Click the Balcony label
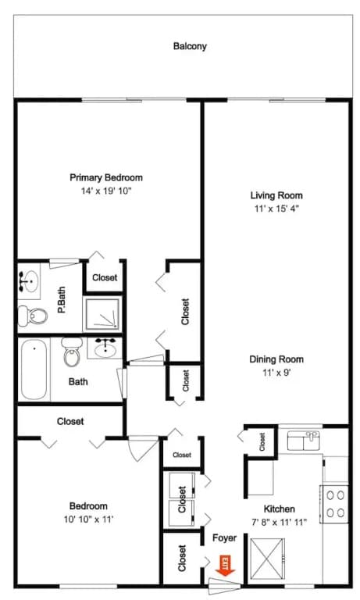[x=190, y=46]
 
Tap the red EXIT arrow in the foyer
[x=226, y=566]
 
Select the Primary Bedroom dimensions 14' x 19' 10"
[x=106, y=191]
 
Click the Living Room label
[x=276, y=195]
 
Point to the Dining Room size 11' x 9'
[x=276, y=373]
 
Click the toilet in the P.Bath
[x=33, y=316]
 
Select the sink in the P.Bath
[x=29, y=281]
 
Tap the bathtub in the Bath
[x=34, y=369]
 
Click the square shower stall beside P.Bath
[x=102, y=314]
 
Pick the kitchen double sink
[x=303, y=441]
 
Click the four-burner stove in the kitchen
[x=335, y=504]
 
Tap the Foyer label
[x=225, y=538]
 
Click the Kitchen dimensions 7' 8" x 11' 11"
[x=280, y=522]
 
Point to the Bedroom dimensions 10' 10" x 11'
[x=88, y=520]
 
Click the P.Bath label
[x=62, y=300]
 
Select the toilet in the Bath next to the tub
[x=72, y=353]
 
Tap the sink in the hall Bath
[x=105, y=348]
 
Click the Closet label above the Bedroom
[x=70, y=421]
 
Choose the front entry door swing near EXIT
[x=225, y=586]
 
